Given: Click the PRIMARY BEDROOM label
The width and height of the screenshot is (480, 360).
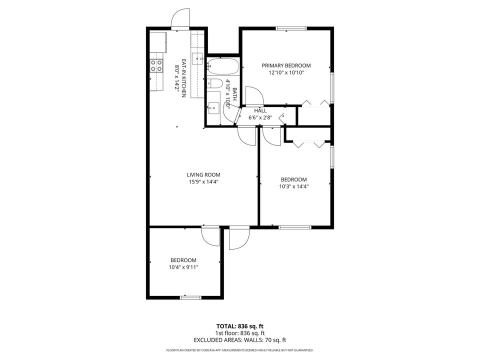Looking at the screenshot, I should [286, 65].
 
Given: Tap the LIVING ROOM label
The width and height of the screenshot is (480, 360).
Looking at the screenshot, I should [203, 175].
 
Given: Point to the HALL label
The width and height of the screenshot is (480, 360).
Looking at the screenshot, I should [260, 110].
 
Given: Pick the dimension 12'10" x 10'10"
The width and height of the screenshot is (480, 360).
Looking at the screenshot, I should [286, 72].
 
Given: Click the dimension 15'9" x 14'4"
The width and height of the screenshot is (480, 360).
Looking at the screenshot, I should [203, 182].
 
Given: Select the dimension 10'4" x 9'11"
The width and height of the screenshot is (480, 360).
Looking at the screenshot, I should [183, 267].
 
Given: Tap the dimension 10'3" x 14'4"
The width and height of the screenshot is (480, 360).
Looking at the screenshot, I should [293, 186].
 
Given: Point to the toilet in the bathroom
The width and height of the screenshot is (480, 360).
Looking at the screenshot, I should [214, 83].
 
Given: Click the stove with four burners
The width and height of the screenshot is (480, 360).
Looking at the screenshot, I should [156, 65].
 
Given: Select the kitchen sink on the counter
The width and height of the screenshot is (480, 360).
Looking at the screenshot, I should [198, 58].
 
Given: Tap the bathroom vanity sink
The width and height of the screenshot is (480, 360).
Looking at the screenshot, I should [213, 106].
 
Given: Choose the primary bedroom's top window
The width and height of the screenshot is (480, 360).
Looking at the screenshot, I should [291, 28].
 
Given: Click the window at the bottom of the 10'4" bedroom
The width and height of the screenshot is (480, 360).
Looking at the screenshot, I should [190, 298].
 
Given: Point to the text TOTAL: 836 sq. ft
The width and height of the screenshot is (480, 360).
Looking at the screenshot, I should [240, 325].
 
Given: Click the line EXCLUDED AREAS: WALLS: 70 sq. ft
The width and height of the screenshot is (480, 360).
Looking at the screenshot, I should [240, 340].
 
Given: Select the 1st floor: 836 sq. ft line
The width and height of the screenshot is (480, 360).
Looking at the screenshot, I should [240, 333].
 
